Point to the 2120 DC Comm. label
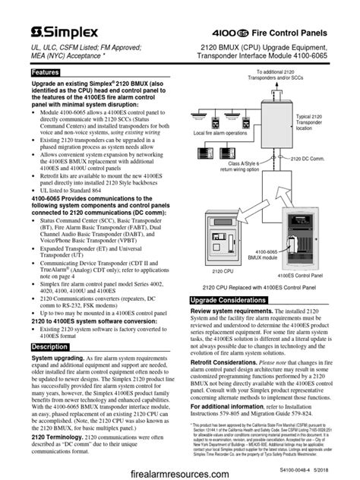(311, 160)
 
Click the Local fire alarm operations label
(220, 133)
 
